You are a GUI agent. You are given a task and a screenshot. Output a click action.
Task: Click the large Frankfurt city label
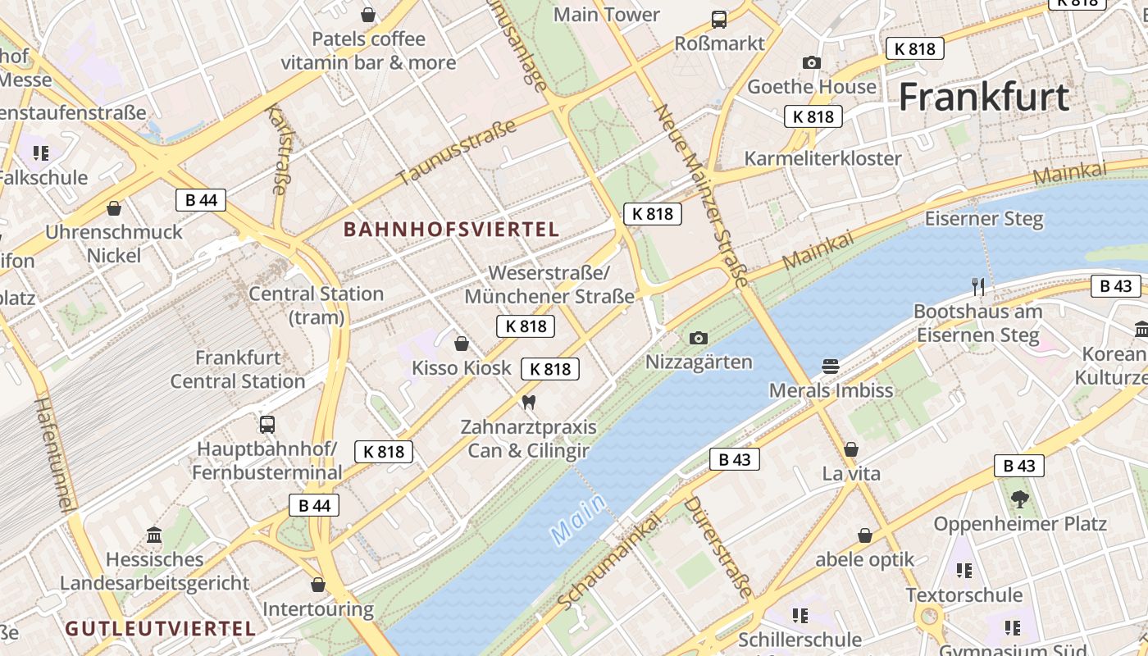(984, 97)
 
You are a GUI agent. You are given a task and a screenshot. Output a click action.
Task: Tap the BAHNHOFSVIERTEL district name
(451, 230)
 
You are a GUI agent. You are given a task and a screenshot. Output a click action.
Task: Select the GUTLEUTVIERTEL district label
(161, 629)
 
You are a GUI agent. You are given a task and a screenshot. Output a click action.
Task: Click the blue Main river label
(579, 520)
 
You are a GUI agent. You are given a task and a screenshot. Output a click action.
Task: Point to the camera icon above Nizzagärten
(699, 338)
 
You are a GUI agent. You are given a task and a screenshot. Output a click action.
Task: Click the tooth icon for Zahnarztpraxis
(528, 402)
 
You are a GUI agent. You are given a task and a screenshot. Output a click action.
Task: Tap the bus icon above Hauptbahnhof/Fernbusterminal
(267, 424)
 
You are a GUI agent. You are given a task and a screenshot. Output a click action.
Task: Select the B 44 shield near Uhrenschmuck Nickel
(201, 200)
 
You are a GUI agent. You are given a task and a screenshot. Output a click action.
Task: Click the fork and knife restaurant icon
(977, 287)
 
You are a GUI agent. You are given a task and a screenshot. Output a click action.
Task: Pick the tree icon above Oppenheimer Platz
(1019, 499)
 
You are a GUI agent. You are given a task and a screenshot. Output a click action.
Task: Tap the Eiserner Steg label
(984, 219)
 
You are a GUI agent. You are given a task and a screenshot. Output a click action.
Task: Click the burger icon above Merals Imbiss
(831, 366)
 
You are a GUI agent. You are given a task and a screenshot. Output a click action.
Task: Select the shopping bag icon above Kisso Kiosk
(462, 343)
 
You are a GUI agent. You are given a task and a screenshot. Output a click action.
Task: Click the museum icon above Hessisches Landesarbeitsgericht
(154, 535)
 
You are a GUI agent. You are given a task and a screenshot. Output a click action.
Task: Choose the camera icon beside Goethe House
(812, 62)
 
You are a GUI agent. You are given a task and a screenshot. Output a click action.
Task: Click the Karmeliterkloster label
(822, 158)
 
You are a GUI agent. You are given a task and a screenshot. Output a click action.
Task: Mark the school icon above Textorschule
(963, 570)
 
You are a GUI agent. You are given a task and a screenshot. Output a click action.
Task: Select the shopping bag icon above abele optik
(864, 535)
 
